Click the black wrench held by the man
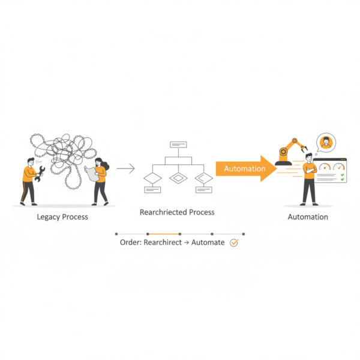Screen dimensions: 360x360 point(40,174)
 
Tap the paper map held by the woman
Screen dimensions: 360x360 point(92,173)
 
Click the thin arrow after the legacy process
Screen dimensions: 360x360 point(125,168)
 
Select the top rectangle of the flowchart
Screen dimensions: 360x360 point(178,145)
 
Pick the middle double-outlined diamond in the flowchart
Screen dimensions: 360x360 point(178,178)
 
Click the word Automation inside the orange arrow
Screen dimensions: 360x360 point(245,169)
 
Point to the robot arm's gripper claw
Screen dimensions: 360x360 point(304,148)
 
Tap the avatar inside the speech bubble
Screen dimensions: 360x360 point(326,143)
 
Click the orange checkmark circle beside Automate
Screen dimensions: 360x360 point(234,242)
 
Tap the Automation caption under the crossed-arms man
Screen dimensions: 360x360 point(308,217)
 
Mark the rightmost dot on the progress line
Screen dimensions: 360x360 point(244,234)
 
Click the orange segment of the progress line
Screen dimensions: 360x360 point(163,234)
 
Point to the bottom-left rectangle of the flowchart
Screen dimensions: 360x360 point(152,190)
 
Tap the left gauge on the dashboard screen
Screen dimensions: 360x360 point(325,166)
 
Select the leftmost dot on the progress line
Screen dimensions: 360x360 point(116,234)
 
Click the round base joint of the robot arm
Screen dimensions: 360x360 point(284,152)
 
